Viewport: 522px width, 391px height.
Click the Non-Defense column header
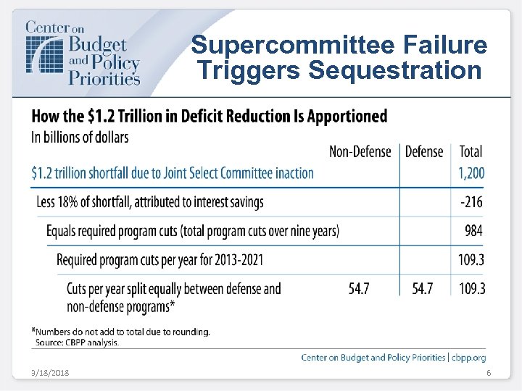(360, 151)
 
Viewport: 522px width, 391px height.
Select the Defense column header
(423, 151)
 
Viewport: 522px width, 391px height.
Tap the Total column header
(471, 151)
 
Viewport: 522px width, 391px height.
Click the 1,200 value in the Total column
(471, 173)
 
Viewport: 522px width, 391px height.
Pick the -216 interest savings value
(472, 202)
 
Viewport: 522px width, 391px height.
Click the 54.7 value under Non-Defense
(359, 289)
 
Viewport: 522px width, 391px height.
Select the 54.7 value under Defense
(422, 289)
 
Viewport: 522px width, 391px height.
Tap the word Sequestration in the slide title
(395, 71)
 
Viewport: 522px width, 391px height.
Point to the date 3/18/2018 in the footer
(50, 373)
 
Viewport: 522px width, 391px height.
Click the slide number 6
(489, 373)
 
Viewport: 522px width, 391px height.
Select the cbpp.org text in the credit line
(470, 357)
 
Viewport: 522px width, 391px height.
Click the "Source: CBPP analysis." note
(78, 342)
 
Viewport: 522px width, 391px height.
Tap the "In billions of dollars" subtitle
(80, 137)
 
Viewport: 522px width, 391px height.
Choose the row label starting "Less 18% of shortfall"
(150, 202)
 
